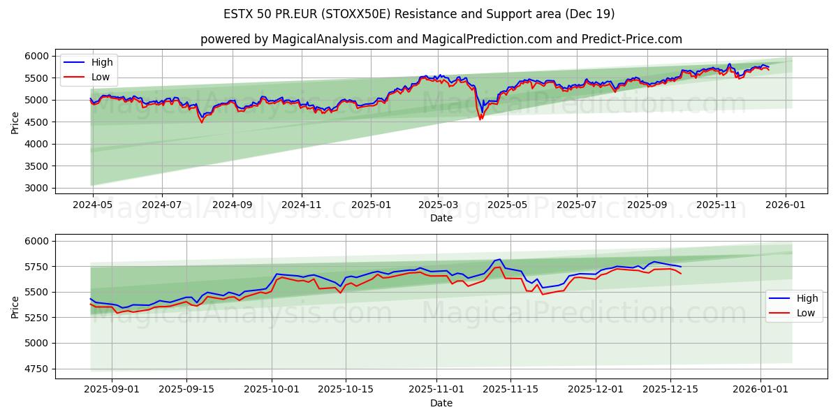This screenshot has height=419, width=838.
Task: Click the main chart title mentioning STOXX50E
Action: tap(419, 14)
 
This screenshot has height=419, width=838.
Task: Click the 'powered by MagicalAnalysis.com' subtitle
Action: tap(441, 39)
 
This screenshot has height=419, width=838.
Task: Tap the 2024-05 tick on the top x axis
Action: tap(93, 205)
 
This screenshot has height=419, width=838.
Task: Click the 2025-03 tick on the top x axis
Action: tap(438, 205)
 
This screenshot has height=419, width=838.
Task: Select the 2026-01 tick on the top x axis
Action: tap(786, 205)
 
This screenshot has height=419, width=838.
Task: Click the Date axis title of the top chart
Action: tap(441, 218)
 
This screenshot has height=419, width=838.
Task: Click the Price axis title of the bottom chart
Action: tap(15, 307)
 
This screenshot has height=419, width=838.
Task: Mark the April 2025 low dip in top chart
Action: tap(480, 119)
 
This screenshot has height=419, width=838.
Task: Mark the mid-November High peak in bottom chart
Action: tap(499, 260)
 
